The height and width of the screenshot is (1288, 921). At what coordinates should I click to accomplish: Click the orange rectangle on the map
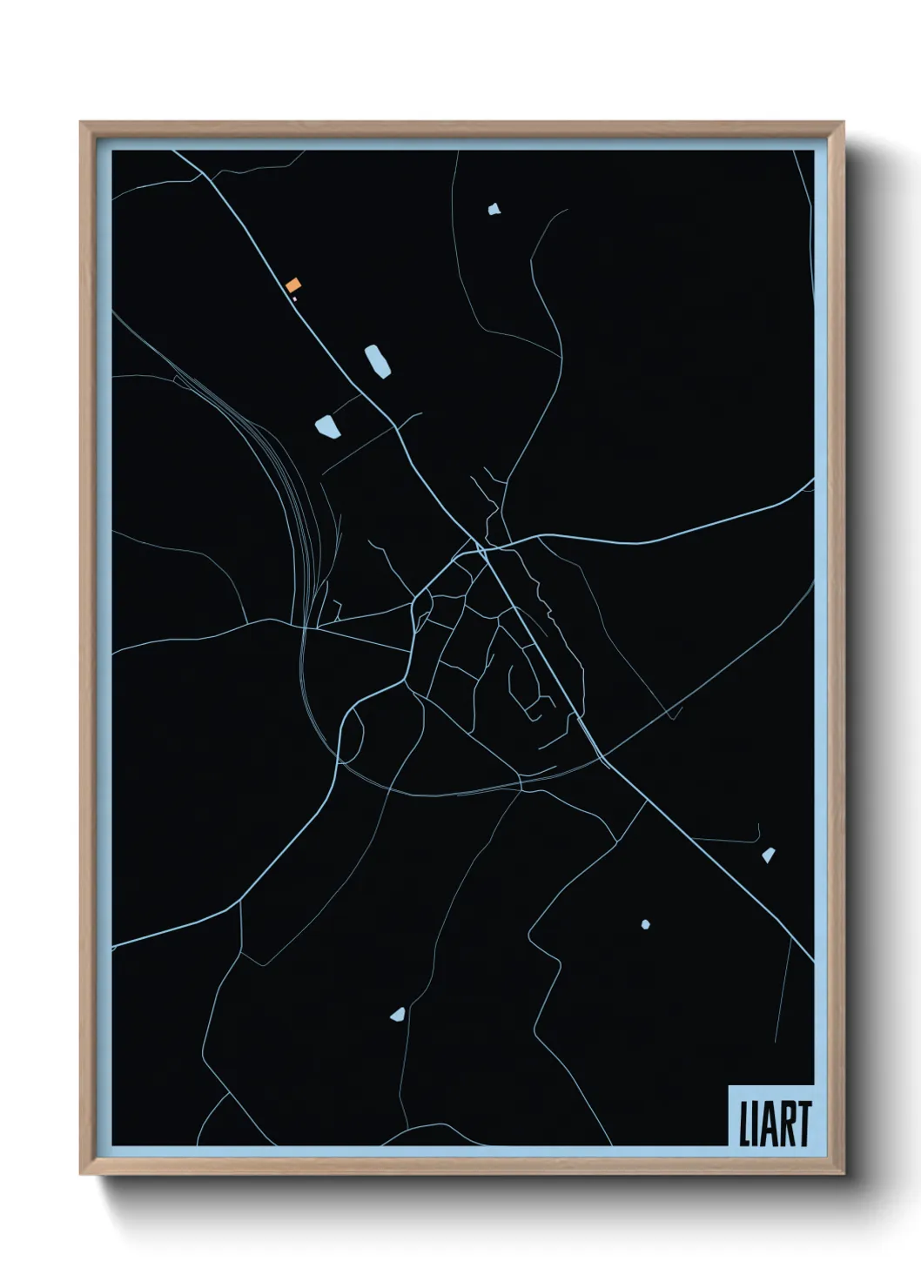293,285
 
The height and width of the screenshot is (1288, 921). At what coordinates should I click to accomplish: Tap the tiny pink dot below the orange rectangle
295,299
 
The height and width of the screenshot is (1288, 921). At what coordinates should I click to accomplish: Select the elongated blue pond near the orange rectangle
376,361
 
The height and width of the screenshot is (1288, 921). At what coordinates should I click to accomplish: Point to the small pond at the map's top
494,209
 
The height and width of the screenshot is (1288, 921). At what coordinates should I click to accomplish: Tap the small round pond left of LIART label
645,924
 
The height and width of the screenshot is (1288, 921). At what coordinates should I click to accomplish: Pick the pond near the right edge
769,855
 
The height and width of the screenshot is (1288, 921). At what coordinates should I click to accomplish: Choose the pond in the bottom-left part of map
398,1014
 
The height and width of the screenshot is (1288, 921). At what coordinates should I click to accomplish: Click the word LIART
775,1124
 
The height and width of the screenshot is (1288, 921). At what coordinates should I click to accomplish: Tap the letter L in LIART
744,1124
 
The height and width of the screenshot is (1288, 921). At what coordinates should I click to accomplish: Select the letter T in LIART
803,1124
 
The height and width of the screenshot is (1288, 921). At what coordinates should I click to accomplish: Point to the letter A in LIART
768,1124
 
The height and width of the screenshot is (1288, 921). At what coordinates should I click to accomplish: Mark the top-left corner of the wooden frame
82,124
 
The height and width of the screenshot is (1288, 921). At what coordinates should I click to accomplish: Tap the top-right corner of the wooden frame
842,124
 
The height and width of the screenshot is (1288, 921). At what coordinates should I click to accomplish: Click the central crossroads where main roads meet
481,548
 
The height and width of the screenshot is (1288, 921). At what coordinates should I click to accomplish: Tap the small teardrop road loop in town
421,609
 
